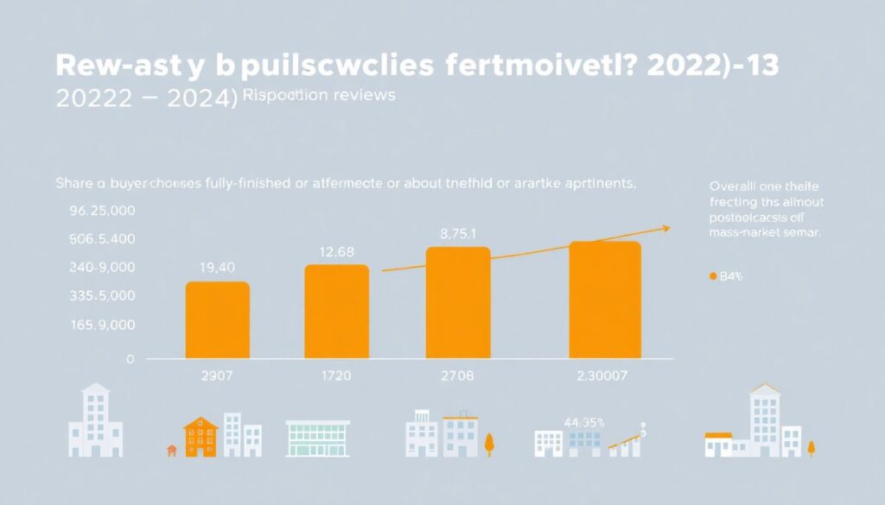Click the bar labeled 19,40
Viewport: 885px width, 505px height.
pyautogui.click(x=218, y=319)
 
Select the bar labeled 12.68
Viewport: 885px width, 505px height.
pyautogui.click(x=337, y=311)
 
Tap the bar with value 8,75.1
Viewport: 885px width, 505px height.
pyautogui.click(x=458, y=302)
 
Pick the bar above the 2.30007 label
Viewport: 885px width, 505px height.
pyautogui.click(x=604, y=300)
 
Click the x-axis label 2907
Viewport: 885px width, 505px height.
pyautogui.click(x=217, y=376)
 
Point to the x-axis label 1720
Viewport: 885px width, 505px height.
pyautogui.click(x=337, y=376)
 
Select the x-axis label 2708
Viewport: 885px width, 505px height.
pyautogui.click(x=458, y=376)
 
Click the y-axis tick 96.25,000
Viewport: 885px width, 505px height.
pyautogui.click(x=102, y=210)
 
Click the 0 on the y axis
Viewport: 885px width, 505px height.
pyautogui.click(x=131, y=358)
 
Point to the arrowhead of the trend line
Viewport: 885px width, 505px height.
pyautogui.click(x=666, y=228)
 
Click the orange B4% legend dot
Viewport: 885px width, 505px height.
pyautogui.click(x=713, y=277)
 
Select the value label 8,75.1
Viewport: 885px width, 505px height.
pyautogui.click(x=457, y=233)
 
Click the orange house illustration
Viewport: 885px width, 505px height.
pyautogui.click(x=200, y=436)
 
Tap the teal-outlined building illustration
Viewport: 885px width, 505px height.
pyautogui.click(x=317, y=439)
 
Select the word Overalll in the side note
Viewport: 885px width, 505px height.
pyautogui.click(x=735, y=186)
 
